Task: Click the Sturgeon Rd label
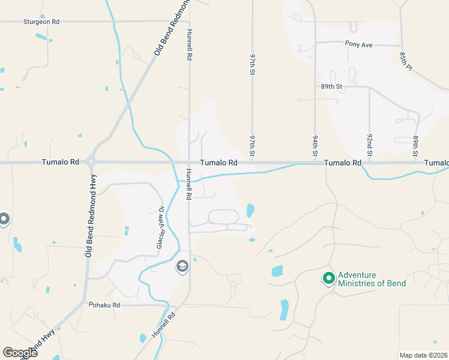pos(41,22)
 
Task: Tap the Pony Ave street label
pos(359,44)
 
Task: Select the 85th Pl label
pos(406,60)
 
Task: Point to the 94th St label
pos(315,146)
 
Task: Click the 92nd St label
pos(370,146)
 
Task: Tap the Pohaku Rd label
pos(104,305)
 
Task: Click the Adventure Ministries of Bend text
pos(372,279)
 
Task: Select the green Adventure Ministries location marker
pos(328,278)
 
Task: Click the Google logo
pos(20,353)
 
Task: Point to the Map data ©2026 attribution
pos(424,355)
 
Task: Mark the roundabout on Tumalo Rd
pos(91,162)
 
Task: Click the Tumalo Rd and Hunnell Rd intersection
pos(189,162)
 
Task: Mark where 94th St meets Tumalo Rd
pos(315,163)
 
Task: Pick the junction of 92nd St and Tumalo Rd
pos(370,163)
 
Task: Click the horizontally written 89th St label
pos(331,86)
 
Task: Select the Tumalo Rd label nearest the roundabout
pos(61,162)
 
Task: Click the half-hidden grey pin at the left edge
pos(3,219)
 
